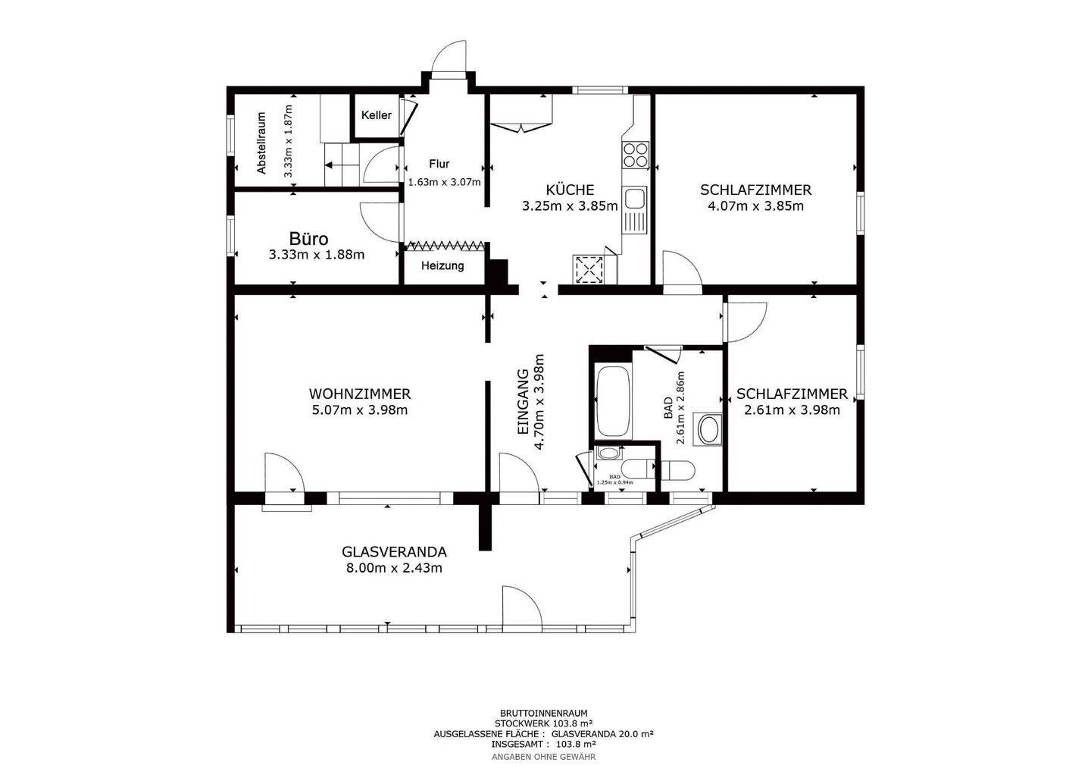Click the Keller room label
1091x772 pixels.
(376, 115)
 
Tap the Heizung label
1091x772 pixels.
(442, 266)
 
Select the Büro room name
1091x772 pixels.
(309, 239)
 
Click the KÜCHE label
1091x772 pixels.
(570, 190)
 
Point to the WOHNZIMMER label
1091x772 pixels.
(360, 394)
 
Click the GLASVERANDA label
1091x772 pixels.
(394, 552)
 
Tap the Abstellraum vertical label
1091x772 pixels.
(262, 143)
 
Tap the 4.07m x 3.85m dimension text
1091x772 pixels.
(755, 206)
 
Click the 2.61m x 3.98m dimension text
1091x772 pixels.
(792, 410)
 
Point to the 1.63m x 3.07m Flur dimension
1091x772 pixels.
(444, 182)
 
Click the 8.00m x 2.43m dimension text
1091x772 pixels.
(394, 568)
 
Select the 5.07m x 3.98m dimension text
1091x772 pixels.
(360, 410)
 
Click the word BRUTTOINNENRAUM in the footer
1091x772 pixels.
(543, 714)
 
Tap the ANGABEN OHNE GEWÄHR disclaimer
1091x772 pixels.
(543, 757)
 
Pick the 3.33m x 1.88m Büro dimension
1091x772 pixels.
(317, 255)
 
